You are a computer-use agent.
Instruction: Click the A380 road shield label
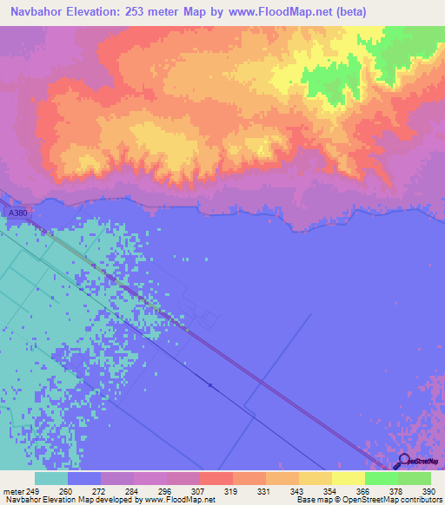point(15,213)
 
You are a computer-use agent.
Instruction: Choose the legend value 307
point(199,491)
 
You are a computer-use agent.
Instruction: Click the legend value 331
point(264,491)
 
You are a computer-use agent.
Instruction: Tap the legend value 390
point(428,491)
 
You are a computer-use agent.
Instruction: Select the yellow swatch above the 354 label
point(315,478)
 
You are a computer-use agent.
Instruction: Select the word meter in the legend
point(15,491)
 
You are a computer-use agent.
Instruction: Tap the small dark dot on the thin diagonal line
point(209,384)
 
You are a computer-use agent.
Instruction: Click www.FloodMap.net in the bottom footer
point(179,500)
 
